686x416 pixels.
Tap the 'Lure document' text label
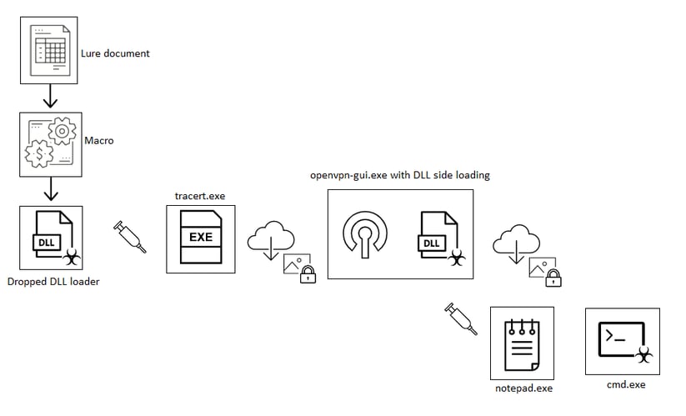115,53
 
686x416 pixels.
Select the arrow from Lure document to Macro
49,97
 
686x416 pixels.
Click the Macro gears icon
51,144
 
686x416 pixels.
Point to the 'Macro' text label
98,141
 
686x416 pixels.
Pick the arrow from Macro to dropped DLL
50,191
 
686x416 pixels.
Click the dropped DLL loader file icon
51,238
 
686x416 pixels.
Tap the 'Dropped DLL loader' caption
53,282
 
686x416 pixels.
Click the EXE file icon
200,238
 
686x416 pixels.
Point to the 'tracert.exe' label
200,196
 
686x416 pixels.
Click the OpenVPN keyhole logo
363,233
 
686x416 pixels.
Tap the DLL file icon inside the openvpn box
437,237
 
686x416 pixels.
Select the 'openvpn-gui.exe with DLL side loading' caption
399,175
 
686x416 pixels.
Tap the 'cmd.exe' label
626,385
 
